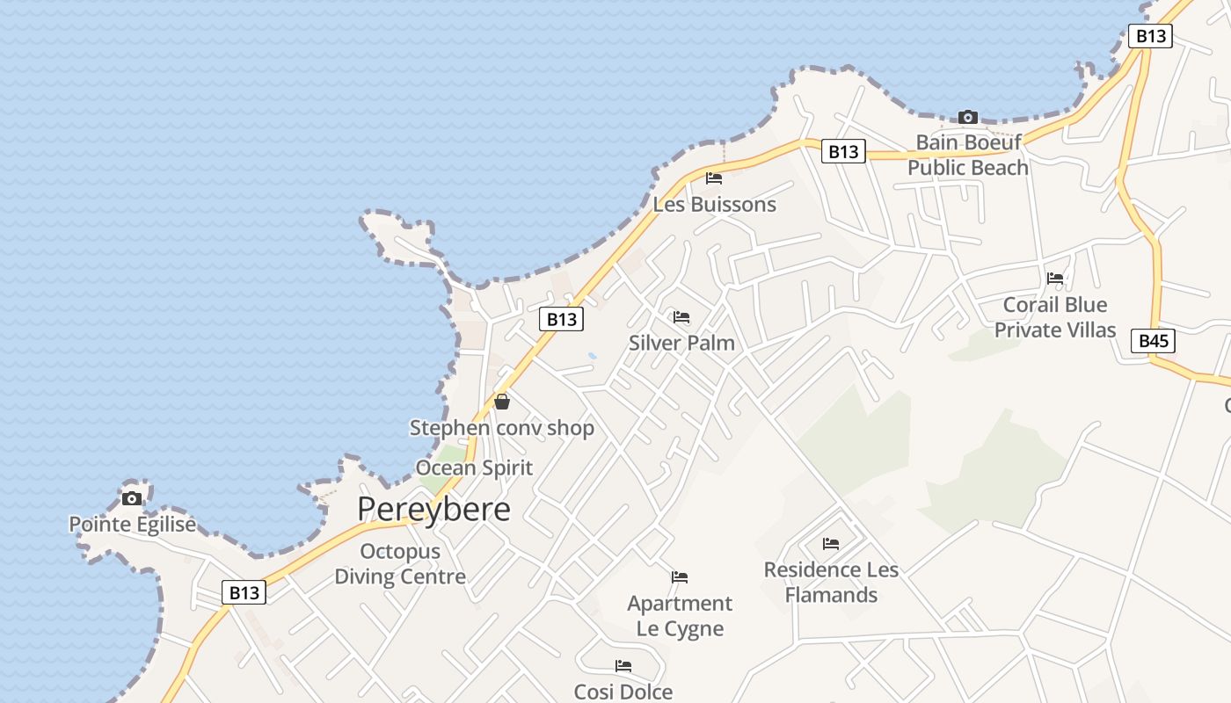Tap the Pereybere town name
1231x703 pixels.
click(x=433, y=509)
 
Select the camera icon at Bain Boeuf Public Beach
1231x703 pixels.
click(x=967, y=117)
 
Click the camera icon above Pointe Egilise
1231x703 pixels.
click(x=132, y=498)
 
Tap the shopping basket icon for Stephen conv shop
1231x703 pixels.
click(x=501, y=402)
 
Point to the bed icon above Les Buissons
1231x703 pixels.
click(x=714, y=178)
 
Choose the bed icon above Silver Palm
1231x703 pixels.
click(x=681, y=317)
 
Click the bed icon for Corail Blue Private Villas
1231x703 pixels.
click(x=1055, y=279)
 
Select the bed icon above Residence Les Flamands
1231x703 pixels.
click(x=831, y=544)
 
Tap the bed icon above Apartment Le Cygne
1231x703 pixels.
click(x=680, y=577)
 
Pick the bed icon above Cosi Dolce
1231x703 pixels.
click(x=623, y=666)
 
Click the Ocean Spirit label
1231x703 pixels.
click(x=474, y=467)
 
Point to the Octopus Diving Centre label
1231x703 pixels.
click(x=400, y=564)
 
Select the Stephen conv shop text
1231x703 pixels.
click(x=502, y=428)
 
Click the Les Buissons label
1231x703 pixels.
click(x=714, y=205)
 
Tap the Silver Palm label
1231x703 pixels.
click(x=681, y=343)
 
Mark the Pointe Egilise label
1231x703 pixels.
click(x=132, y=525)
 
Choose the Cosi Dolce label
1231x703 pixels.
click(x=623, y=692)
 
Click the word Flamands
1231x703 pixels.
click(x=831, y=595)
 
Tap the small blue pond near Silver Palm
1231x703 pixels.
click(x=592, y=356)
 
